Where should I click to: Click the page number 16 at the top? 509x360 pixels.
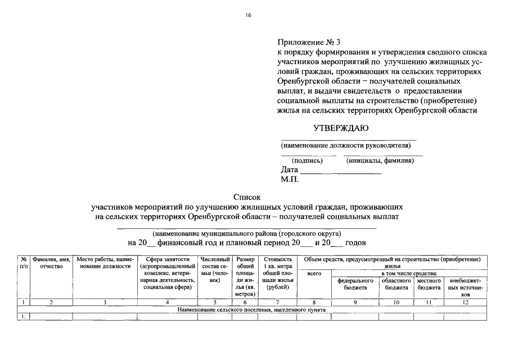pos(248,15)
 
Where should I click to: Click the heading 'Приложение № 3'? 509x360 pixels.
pos(309,42)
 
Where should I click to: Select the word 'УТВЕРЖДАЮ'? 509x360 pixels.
pos(341,128)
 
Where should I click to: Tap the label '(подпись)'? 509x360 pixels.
pos(307,161)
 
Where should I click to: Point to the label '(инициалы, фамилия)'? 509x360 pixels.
pos(380,161)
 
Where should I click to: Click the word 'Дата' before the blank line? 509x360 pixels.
pos(289,170)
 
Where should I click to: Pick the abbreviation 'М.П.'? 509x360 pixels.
pos(290,179)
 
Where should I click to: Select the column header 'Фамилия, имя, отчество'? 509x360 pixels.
pos(51,263)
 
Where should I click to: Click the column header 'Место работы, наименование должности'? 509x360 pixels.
pos(105,263)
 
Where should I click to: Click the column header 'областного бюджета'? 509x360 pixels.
pos(397,283)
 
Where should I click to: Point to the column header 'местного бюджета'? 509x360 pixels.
pos(429,283)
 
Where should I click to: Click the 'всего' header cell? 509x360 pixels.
pos(314,273)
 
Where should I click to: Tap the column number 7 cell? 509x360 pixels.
pos(277,303)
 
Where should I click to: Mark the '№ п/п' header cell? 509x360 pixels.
pos(23,263)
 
